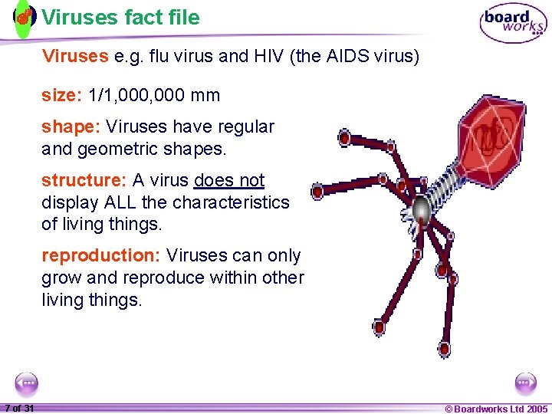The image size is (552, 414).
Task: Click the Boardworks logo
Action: [513, 24]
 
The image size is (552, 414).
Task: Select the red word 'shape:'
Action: [71, 127]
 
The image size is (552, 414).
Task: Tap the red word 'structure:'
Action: [84, 180]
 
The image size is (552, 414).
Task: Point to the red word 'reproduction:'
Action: [102, 255]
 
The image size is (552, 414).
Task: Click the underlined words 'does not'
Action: [229, 180]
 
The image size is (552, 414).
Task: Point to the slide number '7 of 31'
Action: [19, 408]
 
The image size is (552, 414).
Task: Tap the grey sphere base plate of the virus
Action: [421, 209]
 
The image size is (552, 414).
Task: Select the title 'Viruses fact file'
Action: [120, 17]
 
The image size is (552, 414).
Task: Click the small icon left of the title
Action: [25, 16]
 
